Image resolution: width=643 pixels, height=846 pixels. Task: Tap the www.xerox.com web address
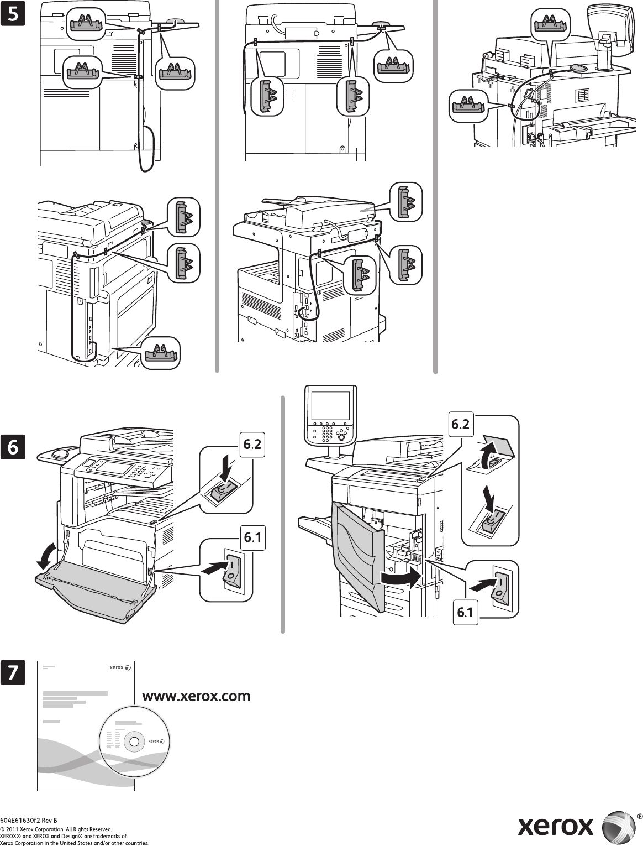click(197, 696)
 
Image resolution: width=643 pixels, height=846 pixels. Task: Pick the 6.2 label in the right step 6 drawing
click(460, 425)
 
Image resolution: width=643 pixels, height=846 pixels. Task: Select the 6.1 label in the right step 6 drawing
click(465, 613)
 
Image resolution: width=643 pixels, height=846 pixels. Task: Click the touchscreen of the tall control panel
click(330, 405)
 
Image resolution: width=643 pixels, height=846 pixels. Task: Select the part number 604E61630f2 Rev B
click(29, 820)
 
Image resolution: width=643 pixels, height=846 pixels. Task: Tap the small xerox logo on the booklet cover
click(117, 667)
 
